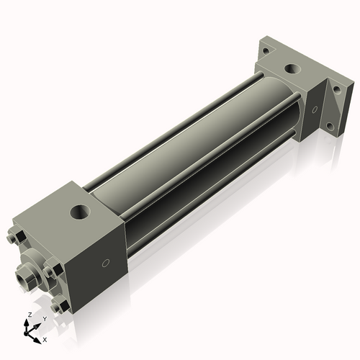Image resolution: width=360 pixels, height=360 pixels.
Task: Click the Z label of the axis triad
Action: [28, 315]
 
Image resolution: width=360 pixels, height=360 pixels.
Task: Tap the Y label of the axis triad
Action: [45, 318]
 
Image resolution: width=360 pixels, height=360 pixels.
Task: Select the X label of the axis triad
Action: [45, 338]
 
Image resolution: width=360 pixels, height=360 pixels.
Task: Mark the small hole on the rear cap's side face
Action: [314, 110]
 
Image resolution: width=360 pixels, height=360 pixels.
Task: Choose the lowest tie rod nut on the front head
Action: [61, 307]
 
